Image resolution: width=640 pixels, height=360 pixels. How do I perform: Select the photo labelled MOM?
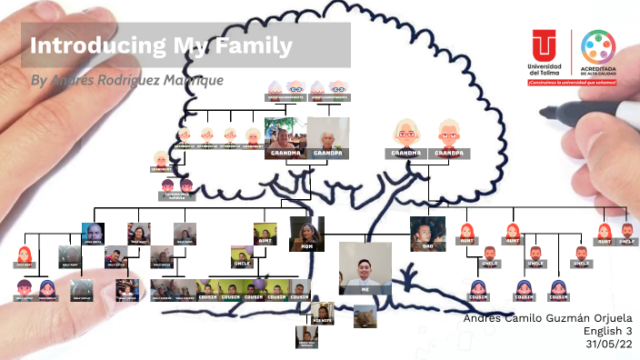(306, 233)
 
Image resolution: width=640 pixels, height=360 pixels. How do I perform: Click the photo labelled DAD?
(427, 232)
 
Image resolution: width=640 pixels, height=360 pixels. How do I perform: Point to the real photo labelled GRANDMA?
(283, 136)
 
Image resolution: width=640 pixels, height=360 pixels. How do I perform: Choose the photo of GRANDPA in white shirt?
(327, 136)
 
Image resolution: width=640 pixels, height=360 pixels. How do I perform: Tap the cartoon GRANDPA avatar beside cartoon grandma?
(449, 135)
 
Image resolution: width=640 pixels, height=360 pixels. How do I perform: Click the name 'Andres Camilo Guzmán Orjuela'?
(546, 318)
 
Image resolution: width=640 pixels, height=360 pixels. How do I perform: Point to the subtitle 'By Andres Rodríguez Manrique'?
(126, 80)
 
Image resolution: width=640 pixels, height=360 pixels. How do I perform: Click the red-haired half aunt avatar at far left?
(25, 254)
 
